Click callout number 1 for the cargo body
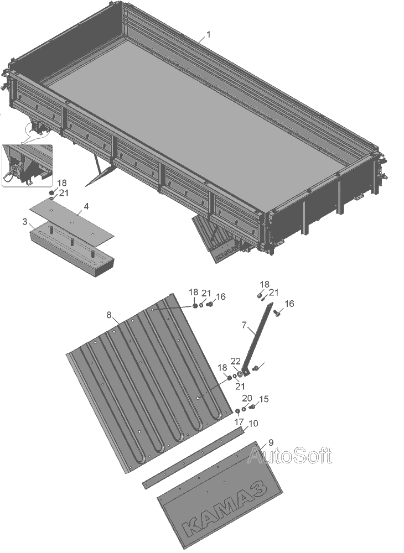(x=209, y=34)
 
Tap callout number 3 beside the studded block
(x=25, y=222)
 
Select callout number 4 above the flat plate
(x=86, y=206)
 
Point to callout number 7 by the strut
(x=244, y=325)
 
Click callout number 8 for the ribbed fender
(x=109, y=315)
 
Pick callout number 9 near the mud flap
(x=271, y=442)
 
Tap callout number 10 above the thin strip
(x=253, y=423)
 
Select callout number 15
(x=264, y=399)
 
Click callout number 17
(x=239, y=422)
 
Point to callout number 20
(x=247, y=398)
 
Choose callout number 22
(x=235, y=361)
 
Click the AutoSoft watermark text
(x=289, y=455)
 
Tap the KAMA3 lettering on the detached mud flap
(x=224, y=507)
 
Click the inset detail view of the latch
(x=27, y=165)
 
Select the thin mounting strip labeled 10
(x=193, y=457)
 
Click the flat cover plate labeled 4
(x=72, y=222)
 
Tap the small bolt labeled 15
(x=252, y=407)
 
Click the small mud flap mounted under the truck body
(x=216, y=238)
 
